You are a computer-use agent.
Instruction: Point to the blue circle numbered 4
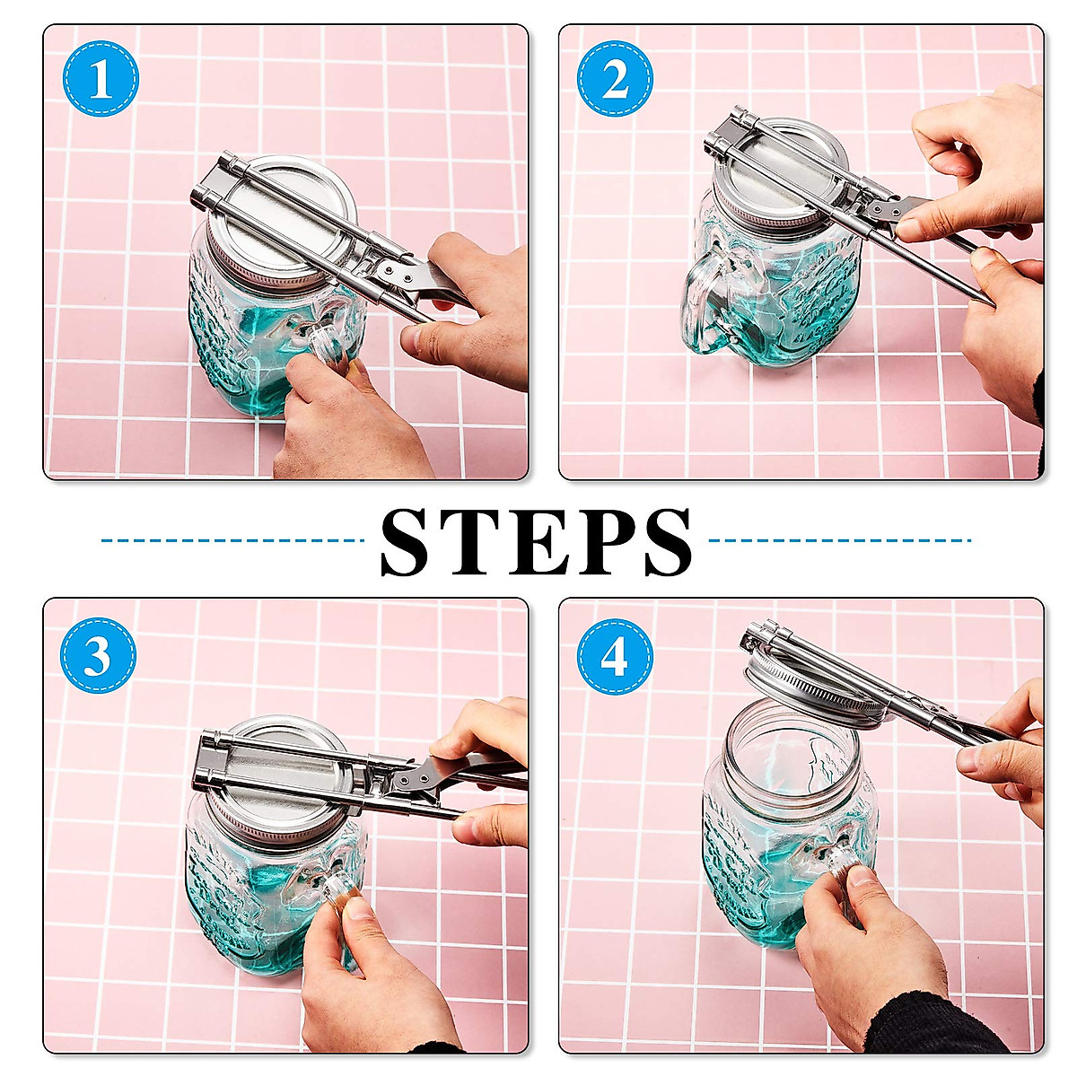click(x=615, y=656)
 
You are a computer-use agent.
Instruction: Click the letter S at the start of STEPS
click(x=414, y=543)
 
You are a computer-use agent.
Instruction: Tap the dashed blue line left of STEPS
click(x=233, y=541)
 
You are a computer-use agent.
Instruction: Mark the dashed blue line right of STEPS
click(x=839, y=541)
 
